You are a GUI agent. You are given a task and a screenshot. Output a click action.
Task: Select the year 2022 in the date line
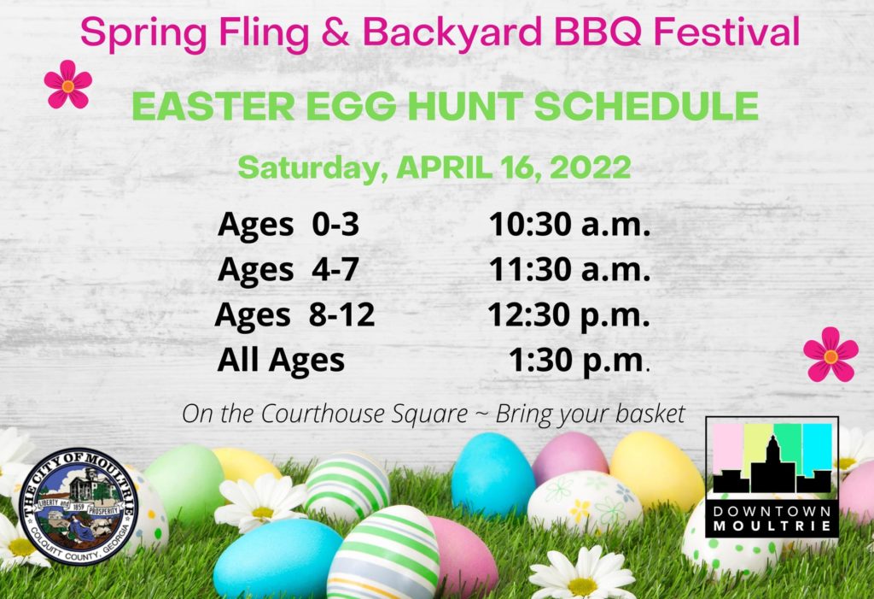[x=591, y=167]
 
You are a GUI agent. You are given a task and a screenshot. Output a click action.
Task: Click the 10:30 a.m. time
[x=569, y=225]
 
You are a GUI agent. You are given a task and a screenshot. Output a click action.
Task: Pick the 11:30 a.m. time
[x=569, y=270]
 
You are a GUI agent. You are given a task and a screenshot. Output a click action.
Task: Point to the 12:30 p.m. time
[x=569, y=314]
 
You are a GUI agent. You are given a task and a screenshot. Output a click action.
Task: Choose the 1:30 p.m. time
[x=580, y=361]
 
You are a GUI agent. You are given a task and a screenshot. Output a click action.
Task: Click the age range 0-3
[x=335, y=225]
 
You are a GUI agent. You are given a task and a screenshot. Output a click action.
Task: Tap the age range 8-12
[x=342, y=314]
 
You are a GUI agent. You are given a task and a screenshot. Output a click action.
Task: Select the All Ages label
[x=281, y=361]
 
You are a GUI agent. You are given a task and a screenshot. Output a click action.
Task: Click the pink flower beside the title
[x=68, y=85]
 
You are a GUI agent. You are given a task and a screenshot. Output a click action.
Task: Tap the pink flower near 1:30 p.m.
[x=830, y=355]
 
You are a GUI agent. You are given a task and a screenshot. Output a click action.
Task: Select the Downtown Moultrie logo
[x=772, y=478]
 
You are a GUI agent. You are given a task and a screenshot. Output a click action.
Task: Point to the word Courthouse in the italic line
[x=364, y=414]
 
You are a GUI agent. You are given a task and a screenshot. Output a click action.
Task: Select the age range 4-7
[x=335, y=270]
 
